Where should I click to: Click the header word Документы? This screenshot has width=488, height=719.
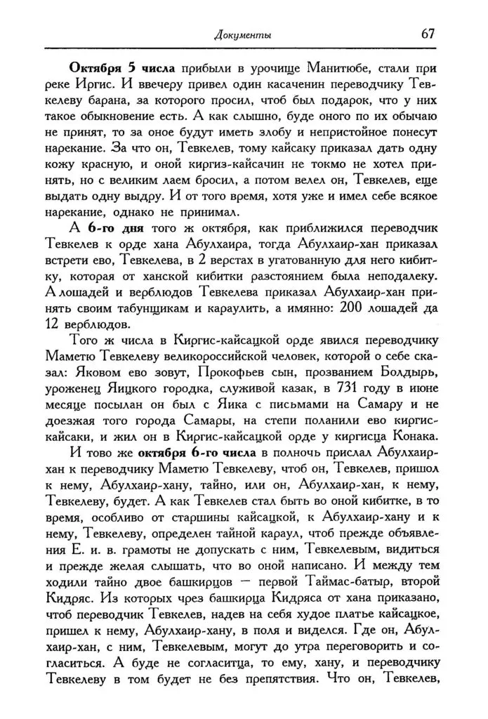[243, 34]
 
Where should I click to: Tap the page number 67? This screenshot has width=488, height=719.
[430, 33]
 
